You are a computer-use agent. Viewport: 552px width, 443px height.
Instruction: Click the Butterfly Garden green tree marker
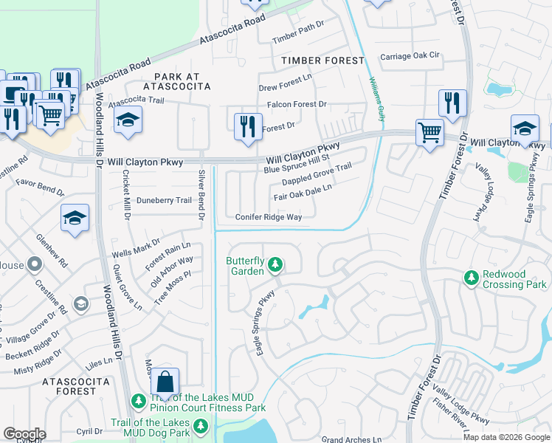tap(275, 264)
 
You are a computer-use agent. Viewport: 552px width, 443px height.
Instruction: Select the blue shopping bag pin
tap(165, 381)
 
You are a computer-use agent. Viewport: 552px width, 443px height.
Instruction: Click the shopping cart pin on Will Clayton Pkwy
tap(429, 133)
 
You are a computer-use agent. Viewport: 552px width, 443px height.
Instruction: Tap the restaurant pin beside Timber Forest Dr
tap(452, 103)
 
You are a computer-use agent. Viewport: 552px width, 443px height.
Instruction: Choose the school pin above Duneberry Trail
tap(75, 218)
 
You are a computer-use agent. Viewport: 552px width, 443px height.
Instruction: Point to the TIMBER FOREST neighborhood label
tap(322, 61)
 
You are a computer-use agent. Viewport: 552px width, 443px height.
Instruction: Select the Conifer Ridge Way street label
tap(269, 217)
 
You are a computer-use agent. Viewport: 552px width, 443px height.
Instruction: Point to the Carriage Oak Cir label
tap(410, 56)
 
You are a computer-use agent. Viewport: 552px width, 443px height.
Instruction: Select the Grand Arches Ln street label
tap(351, 439)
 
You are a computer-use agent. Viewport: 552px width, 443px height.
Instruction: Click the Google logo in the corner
tap(24, 434)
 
